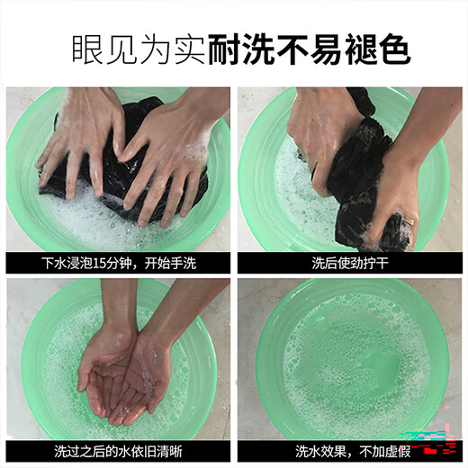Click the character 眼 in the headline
point(88,49)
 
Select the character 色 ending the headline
point(394,49)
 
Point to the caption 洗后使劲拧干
point(350,263)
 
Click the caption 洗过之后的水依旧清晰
point(118,452)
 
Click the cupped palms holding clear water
point(123,381)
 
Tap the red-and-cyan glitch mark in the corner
point(432,439)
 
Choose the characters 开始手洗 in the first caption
point(170,263)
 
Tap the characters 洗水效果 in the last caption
point(320,452)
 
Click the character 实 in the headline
point(190,49)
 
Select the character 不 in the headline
point(292,49)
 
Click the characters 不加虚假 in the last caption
point(384,452)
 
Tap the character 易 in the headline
point(327,49)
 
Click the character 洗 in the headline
point(258,49)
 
